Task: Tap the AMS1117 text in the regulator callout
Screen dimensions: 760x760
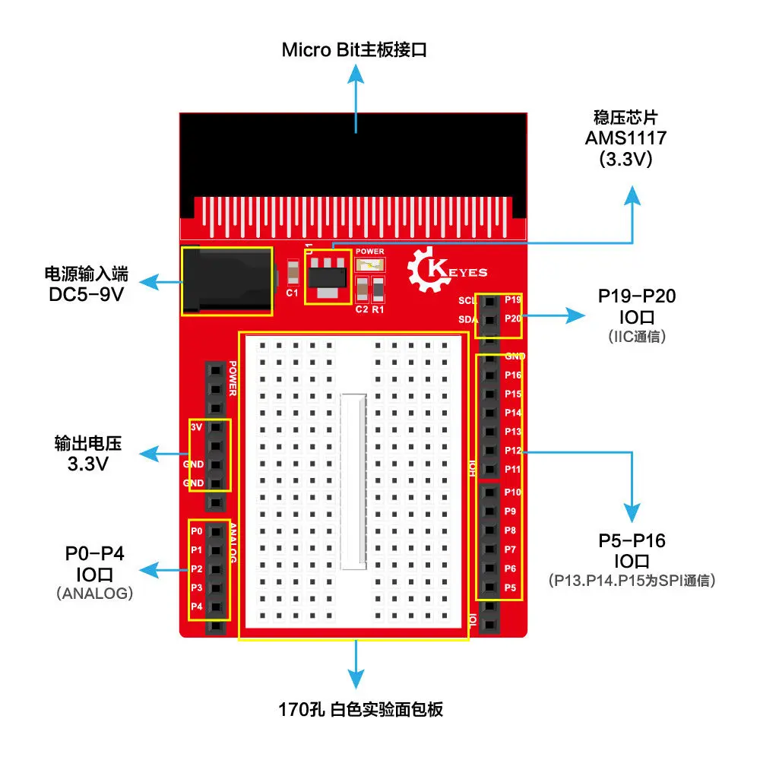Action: tap(625, 138)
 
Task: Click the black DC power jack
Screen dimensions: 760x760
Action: tap(226, 280)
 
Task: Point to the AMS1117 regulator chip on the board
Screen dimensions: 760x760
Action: tap(328, 277)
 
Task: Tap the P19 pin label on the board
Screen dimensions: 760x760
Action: tap(513, 299)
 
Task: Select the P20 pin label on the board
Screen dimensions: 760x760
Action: tap(513, 318)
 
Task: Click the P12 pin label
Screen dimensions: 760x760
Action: tap(513, 451)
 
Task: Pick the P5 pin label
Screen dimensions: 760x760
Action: tap(510, 587)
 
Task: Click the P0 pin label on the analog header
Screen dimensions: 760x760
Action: tap(196, 530)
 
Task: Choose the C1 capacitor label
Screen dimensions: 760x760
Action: tap(291, 293)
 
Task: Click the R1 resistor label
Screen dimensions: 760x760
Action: tap(378, 309)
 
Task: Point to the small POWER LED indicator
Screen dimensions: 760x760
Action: tap(370, 264)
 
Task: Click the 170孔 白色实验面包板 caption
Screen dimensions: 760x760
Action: tap(360, 710)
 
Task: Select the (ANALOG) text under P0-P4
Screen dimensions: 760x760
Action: tap(95, 594)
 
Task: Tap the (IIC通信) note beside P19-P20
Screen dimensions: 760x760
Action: tap(637, 337)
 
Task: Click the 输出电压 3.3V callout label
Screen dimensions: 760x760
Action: tap(88, 453)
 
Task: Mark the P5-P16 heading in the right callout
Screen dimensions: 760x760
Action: tap(632, 541)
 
